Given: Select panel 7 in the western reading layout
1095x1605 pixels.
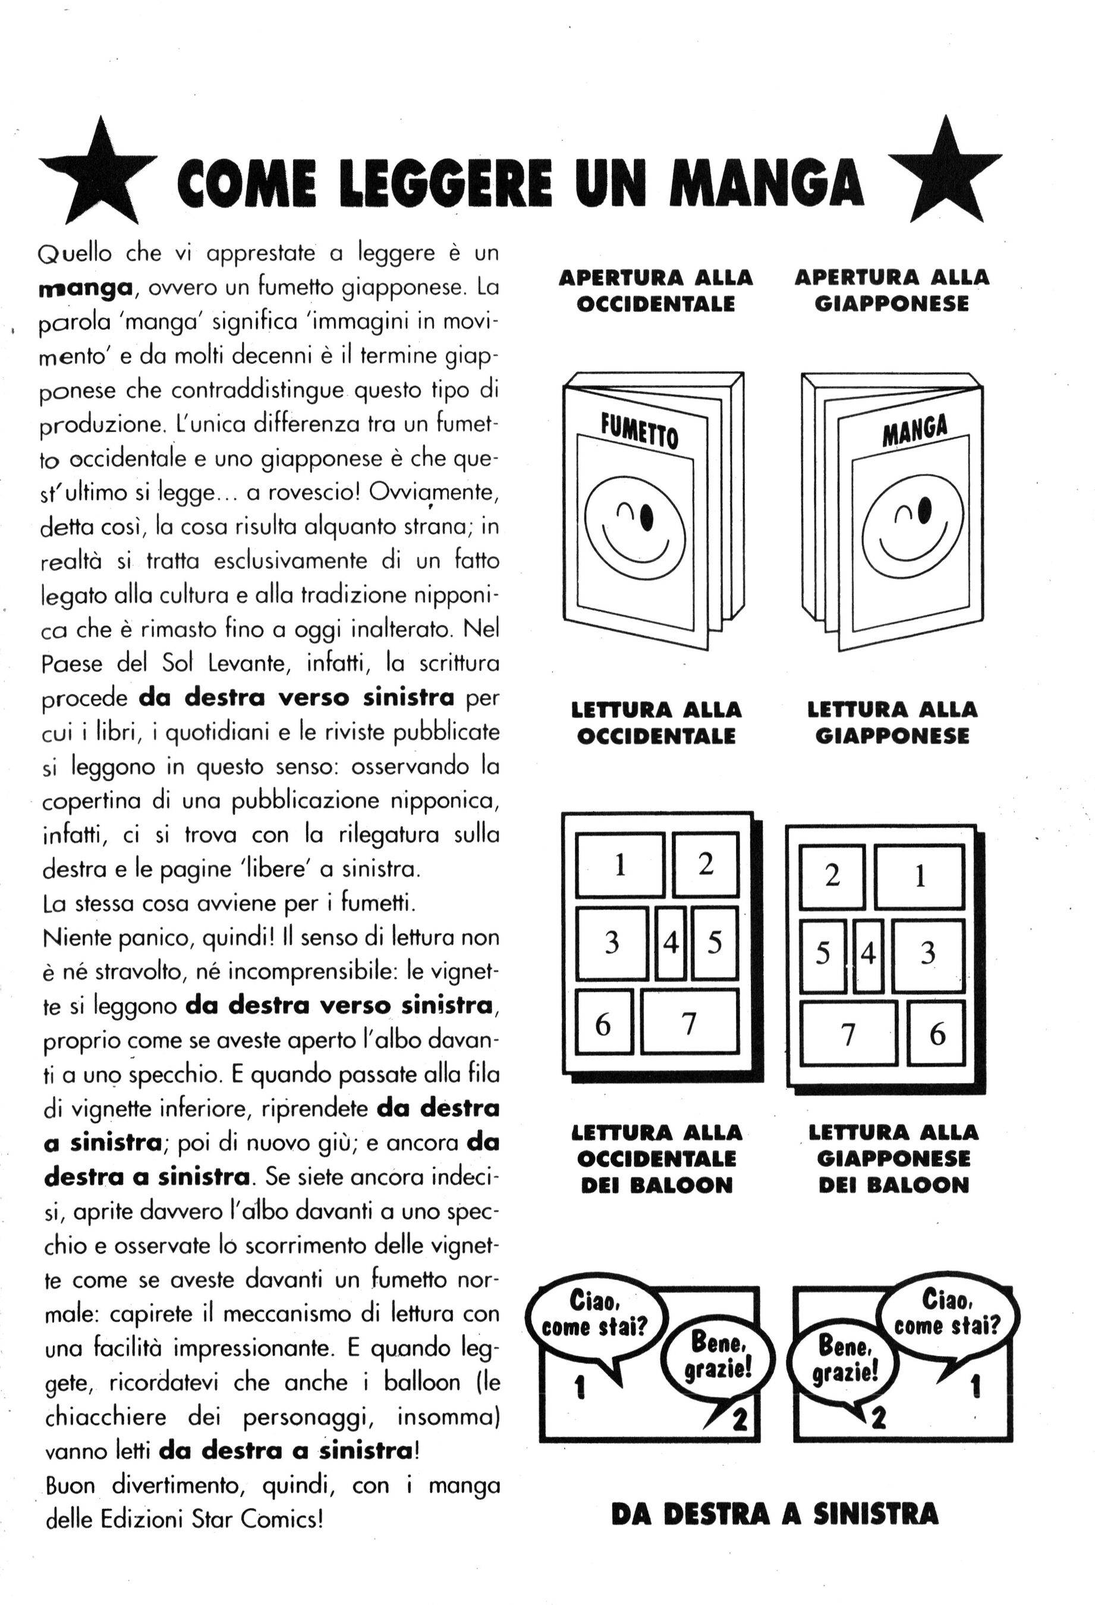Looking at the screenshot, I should click(689, 1022).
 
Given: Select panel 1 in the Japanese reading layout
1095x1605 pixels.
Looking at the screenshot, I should click(919, 877).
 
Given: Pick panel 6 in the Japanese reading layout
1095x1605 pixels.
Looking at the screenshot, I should click(936, 1034).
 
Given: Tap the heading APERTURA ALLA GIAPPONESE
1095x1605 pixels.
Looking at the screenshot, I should click(891, 290).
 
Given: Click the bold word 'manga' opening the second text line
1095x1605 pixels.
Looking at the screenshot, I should click(85, 288).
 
